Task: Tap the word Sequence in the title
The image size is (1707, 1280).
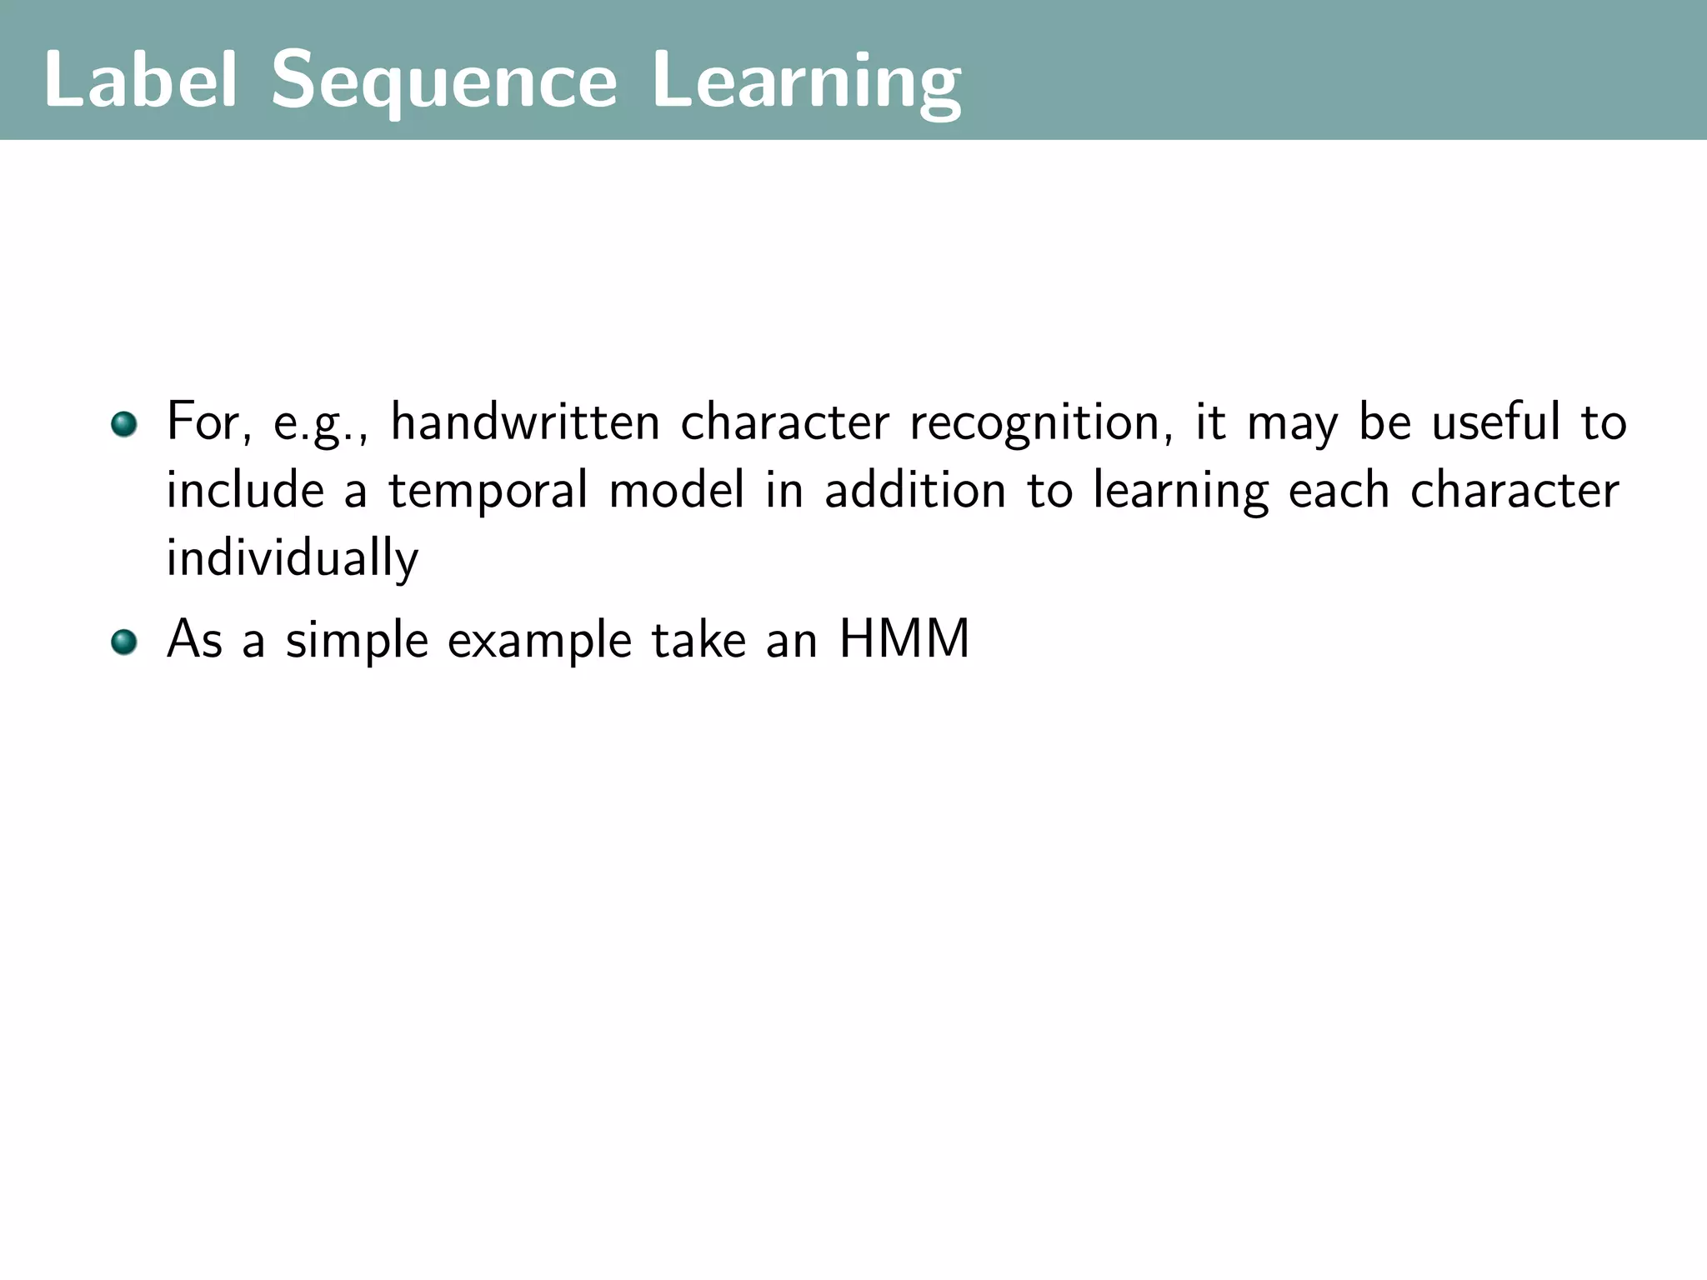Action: tap(444, 82)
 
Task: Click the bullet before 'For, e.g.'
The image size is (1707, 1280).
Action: tap(123, 423)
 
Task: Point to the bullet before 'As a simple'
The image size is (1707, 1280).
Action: tap(123, 642)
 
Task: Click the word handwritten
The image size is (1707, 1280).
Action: tap(525, 422)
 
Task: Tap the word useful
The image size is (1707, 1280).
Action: tap(1496, 422)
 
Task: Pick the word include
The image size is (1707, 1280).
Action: tap(245, 489)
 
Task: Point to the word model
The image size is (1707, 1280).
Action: tap(677, 489)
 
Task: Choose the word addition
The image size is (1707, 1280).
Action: tap(915, 489)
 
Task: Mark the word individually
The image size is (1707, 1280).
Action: tap(292, 558)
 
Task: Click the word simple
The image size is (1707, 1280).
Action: tap(357, 642)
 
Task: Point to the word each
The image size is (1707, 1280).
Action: tap(1339, 489)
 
